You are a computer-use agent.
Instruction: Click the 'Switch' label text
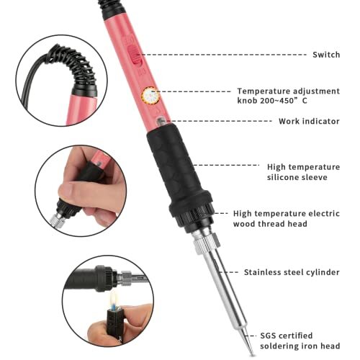pos(326,55)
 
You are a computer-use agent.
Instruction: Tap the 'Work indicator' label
pos(309,121)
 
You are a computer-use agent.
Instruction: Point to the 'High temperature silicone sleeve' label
pos(302,171)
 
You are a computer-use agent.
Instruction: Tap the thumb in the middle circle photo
pos(70,193)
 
